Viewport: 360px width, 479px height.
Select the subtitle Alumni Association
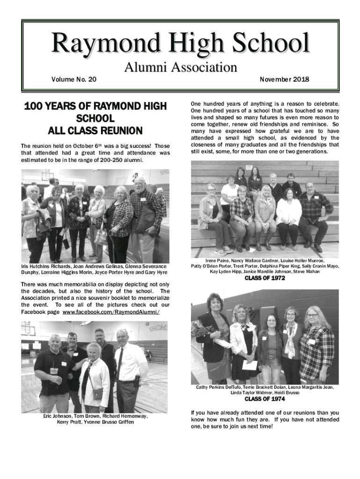tap(180, 68)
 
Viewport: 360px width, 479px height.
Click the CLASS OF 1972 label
tap(265, 279)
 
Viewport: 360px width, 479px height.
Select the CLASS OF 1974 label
tap(265, 399)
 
